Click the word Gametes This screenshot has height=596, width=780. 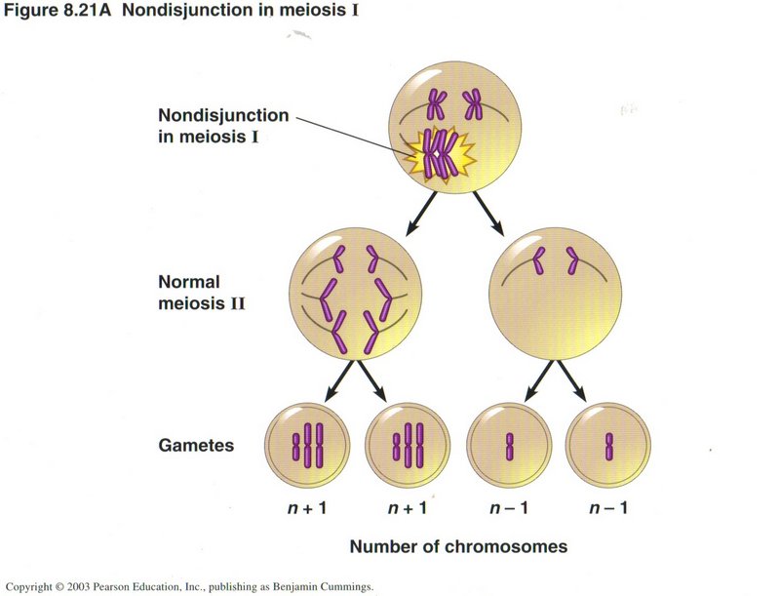coord(196,445)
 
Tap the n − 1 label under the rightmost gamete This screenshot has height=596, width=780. coord(607,508)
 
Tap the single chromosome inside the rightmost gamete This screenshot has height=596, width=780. coord(608,446)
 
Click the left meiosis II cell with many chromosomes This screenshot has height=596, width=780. coord(357,293)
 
